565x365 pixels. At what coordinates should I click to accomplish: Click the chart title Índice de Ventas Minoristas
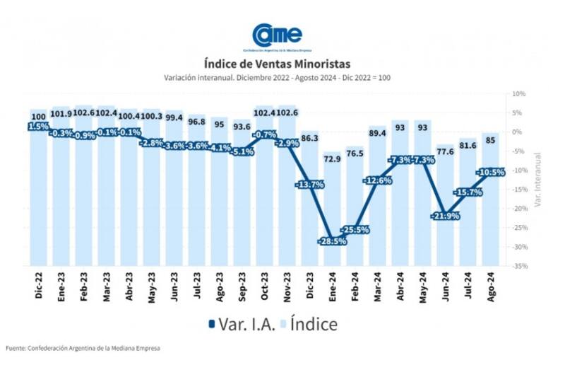pyautogui.click(x=277, y=64)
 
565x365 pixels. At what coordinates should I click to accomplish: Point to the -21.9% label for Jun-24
pyautogui.click(x=445, y=216)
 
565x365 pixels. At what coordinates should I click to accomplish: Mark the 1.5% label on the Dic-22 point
pyautogui.click(x=38, y=126)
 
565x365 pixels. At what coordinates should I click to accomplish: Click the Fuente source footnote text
pyautogui.click(x=83, y=348)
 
